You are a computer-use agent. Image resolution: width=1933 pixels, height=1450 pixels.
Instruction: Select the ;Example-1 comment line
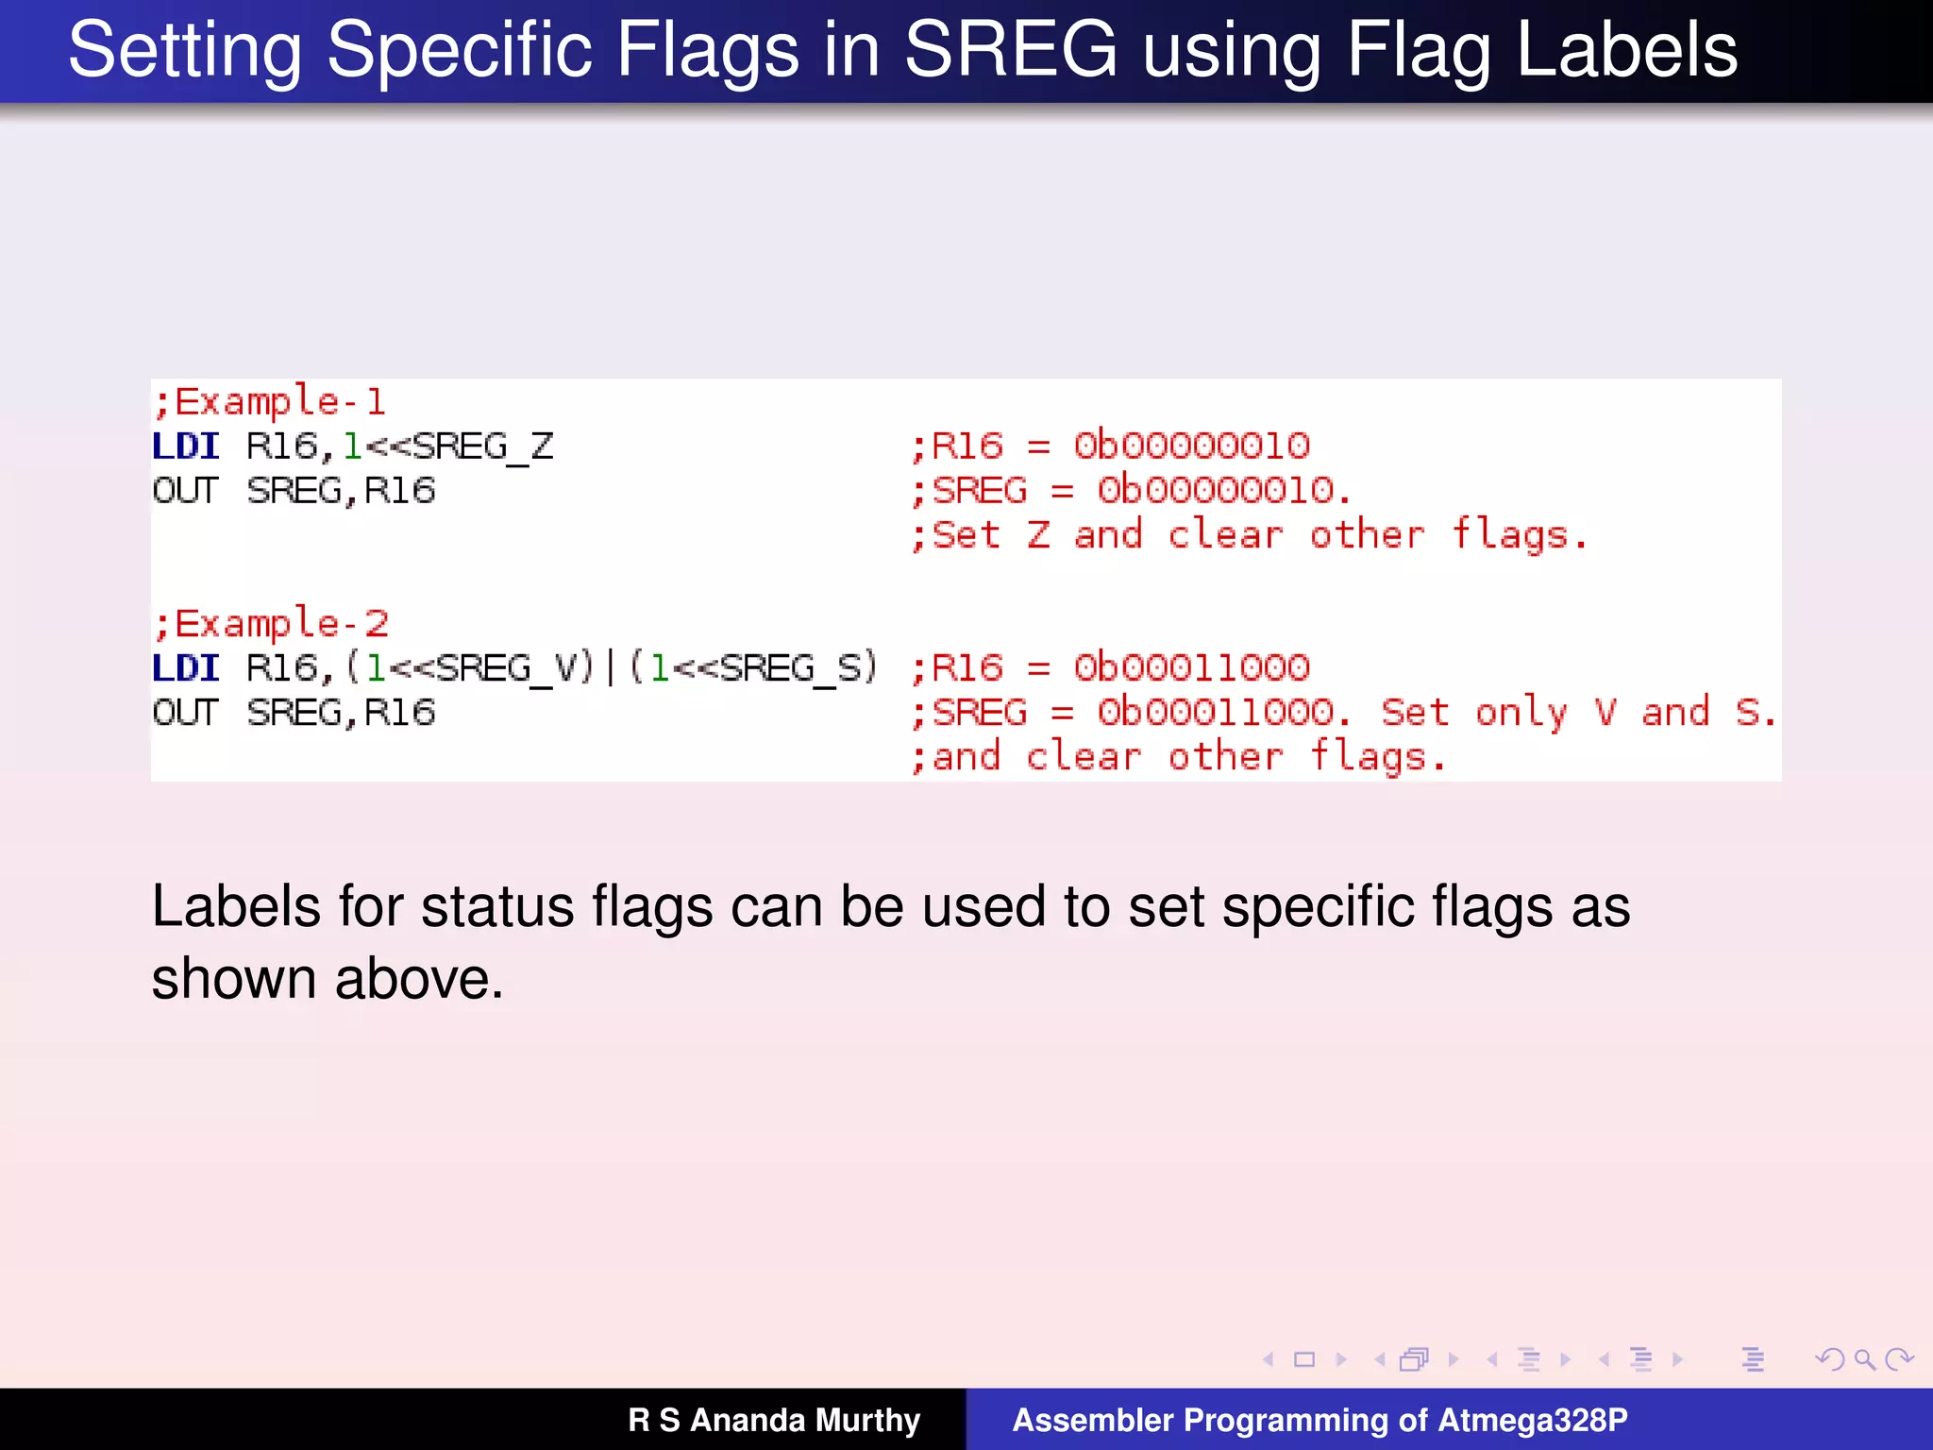pyautogui.click(x=270, y=402)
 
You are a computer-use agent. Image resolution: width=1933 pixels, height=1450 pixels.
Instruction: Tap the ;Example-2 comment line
pyautogui.click(x=271, y=624)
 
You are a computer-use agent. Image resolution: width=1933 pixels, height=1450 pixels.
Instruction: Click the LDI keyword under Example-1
pyautogui.click(x=186, y=447)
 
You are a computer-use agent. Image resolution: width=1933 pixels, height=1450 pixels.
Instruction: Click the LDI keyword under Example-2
pyautogui.click(x=186, y=668)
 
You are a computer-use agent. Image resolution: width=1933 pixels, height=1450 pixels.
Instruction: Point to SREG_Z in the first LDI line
pyautogui.click(x=483, y=447)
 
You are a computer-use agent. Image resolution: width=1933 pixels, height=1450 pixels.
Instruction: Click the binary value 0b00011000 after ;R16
pyautogui.click(x=1191, y=668)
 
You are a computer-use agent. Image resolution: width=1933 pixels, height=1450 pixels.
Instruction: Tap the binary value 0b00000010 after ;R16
pyautogui.click(x=1191, y=447)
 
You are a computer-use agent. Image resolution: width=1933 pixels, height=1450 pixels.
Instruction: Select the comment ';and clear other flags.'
pyautogui.click(x=1178, y=757)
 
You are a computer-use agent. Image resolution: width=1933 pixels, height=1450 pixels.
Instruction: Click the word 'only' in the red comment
pyautogui.click(x=1521, y=713)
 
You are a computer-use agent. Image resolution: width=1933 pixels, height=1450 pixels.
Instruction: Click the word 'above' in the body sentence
pyautogui.click(x=419, y=979)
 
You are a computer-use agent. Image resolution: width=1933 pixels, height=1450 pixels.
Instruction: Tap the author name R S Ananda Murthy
pyautogui.click(x=774, y=1420)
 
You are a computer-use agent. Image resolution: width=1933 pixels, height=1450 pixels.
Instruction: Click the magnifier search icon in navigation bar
pyautogui.click(x=1864, y=1359)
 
